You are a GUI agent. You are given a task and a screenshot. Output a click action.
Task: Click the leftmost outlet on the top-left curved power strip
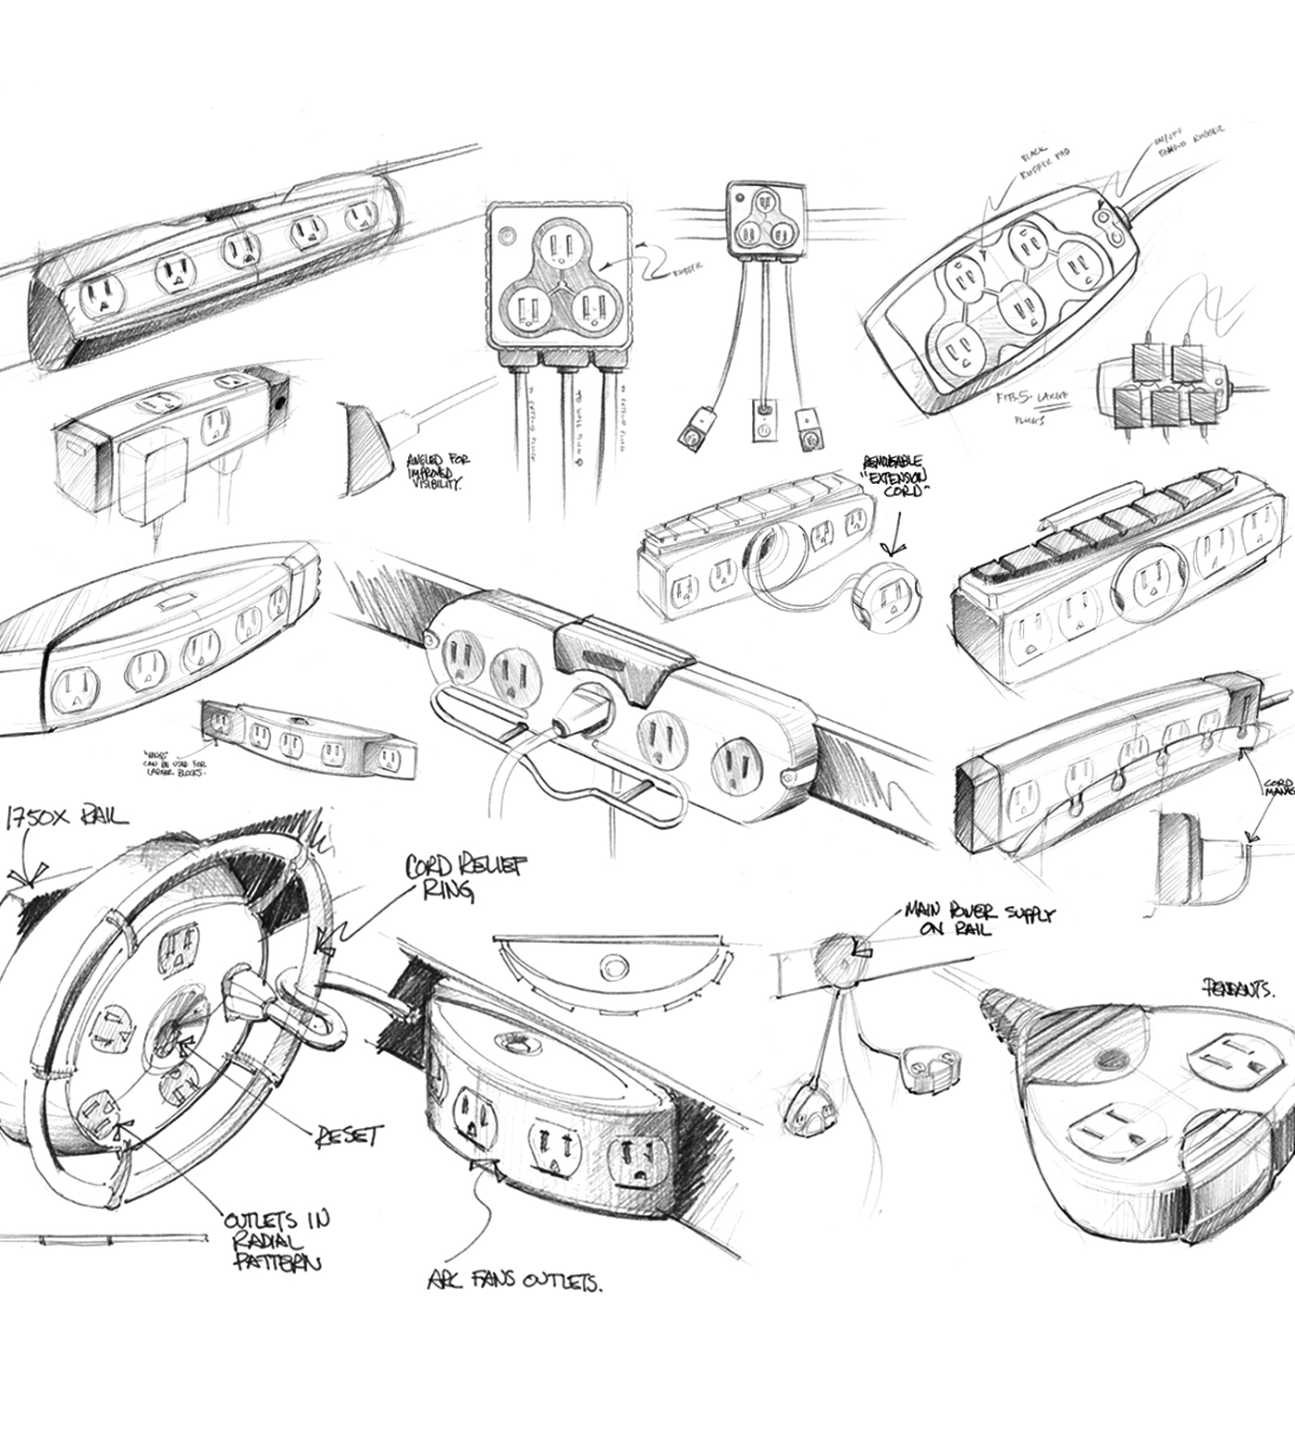coord(103,296)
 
